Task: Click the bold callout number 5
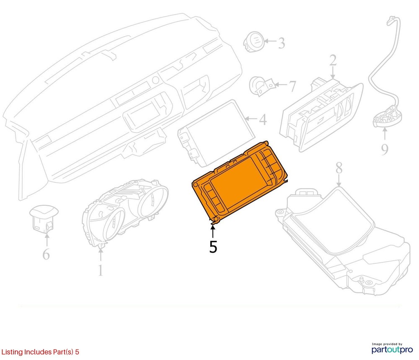(x=213, y=247)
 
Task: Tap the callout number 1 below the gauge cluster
(x=100, y=270)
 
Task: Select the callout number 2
(x=333, y=60)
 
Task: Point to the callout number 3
(x=282, y=43)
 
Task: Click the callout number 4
(x=263, y=119)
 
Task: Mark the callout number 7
(x=292, y=86)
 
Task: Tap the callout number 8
(x=339, y=168)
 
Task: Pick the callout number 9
(x=385, y=149)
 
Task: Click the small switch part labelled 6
(x=43, y=218)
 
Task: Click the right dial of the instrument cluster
(x=154, y=202)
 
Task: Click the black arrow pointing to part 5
(x=213, y=231)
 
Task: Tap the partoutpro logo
(x=392, y=349)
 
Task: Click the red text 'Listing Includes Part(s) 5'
(x=40, y=352)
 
